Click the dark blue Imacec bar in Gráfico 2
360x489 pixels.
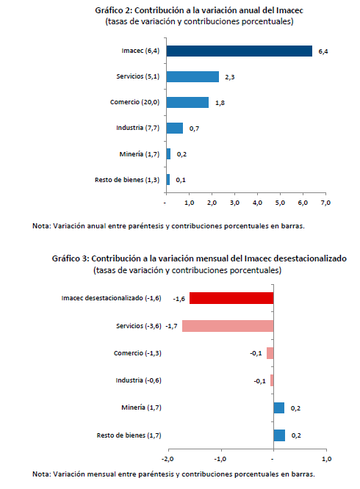click(240, 51)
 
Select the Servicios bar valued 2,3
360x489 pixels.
click(192, 76)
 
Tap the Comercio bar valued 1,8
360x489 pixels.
click(187, 102)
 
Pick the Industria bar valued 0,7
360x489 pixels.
click(175, 128)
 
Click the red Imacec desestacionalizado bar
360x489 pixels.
click(231, 298)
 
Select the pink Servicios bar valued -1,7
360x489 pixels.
click(228, 326)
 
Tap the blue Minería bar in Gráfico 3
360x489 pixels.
click(279, 408)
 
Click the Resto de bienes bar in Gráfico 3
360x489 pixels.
click(279, 435)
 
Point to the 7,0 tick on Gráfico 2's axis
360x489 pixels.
click(325, 203)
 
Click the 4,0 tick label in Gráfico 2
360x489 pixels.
click(257, 203)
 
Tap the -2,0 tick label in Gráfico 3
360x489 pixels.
click(168, 459)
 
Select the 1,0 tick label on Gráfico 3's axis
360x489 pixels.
click(327, 459)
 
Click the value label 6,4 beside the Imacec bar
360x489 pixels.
click(323, 51)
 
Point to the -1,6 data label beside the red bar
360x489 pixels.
click(179, 299)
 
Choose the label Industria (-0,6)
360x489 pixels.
click(139, 380)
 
